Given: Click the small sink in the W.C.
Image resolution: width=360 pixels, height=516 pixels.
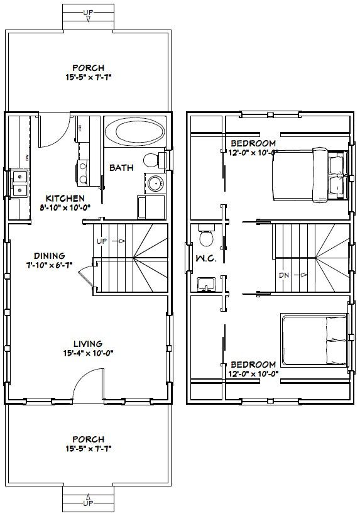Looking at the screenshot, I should [x=205, y=285].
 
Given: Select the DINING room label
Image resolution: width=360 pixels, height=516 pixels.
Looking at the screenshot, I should [x=50, y=255].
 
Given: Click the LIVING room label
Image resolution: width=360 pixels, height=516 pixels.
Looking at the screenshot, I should [x=87, y=343].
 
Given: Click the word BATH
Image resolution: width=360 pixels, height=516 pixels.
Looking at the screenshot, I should [x=121, y=168].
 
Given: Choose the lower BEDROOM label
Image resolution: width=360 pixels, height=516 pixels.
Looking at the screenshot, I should [x=253, y=365].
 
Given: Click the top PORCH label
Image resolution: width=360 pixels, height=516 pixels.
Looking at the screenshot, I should [x=88, y=68].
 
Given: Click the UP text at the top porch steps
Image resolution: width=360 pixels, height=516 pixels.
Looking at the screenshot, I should [x=89, y=12].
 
